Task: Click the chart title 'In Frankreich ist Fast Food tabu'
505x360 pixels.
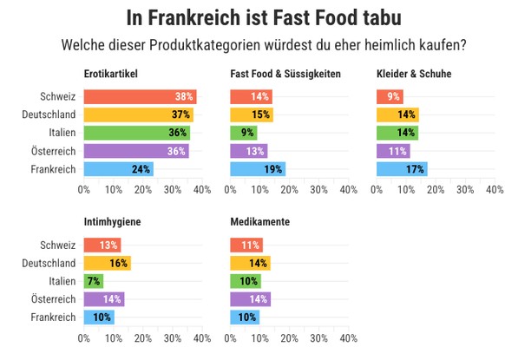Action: [252, 16]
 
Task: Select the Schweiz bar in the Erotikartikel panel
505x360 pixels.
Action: [140, 96]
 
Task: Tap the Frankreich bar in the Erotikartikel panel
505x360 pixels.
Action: [119, 169]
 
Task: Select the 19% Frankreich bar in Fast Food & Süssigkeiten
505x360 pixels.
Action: [258, 169]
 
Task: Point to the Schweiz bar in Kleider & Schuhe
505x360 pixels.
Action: [390, 96]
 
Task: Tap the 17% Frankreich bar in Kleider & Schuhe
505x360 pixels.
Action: [402, 169]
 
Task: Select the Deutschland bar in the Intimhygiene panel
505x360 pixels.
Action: [107, 263]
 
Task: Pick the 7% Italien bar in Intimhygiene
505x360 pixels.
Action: [94, 281]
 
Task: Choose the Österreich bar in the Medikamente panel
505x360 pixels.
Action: [251, 299]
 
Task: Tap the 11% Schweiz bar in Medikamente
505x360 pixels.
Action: [246, 245]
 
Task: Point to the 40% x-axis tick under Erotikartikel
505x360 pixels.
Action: [201, 188]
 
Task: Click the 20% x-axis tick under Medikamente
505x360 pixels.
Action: [289, 338]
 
